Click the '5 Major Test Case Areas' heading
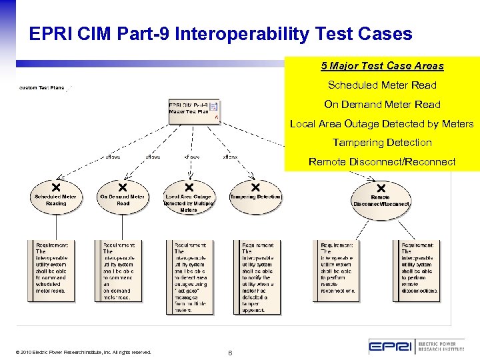382,66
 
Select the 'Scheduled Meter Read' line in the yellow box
382,85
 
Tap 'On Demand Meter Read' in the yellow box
382,105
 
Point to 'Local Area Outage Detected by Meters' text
382,124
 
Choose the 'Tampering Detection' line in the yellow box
382,143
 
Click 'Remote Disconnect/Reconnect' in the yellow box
382,162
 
